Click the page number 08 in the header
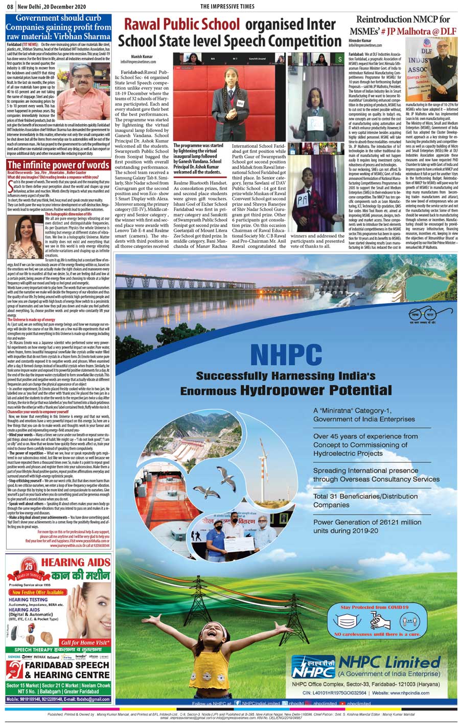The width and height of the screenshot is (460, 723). tap(9, 6)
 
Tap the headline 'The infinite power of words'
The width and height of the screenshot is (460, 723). tap(58, 165)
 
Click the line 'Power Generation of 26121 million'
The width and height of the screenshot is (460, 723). tap(375, 522)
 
